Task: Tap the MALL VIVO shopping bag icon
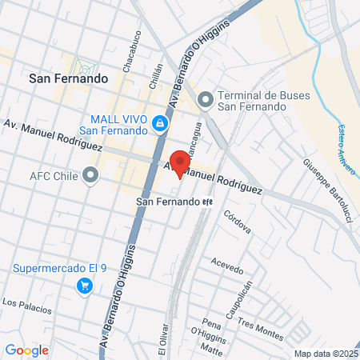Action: pos(160,123)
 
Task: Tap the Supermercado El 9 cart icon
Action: pos(82,285)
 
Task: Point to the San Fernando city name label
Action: pos(67,79)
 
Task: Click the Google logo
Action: pos(26,350)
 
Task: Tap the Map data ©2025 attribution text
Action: pos(326,354)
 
